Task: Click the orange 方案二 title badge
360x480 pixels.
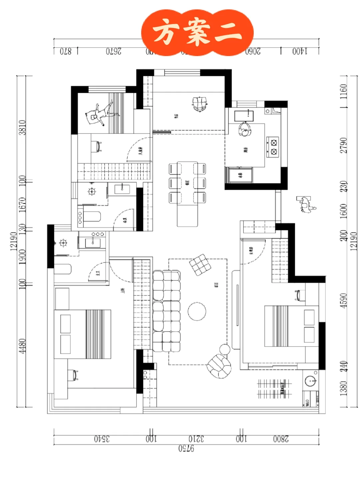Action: (197, 32)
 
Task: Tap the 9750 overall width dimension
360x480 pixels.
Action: (186, 448)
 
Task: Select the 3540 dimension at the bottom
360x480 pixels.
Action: (102, 439)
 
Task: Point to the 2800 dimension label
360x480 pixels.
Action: (281, 439)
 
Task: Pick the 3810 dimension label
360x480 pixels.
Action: (22, 127)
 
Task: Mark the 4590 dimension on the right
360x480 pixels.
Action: (343, 301)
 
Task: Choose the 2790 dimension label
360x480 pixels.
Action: (343, 145)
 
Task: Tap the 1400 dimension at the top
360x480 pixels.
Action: (300, 51)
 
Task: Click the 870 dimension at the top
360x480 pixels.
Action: (66, 51)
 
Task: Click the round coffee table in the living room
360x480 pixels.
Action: (197, 311)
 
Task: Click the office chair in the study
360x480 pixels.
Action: (200, 104)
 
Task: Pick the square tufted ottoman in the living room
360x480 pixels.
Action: (200, 265)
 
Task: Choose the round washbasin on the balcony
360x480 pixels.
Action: (311, 380)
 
